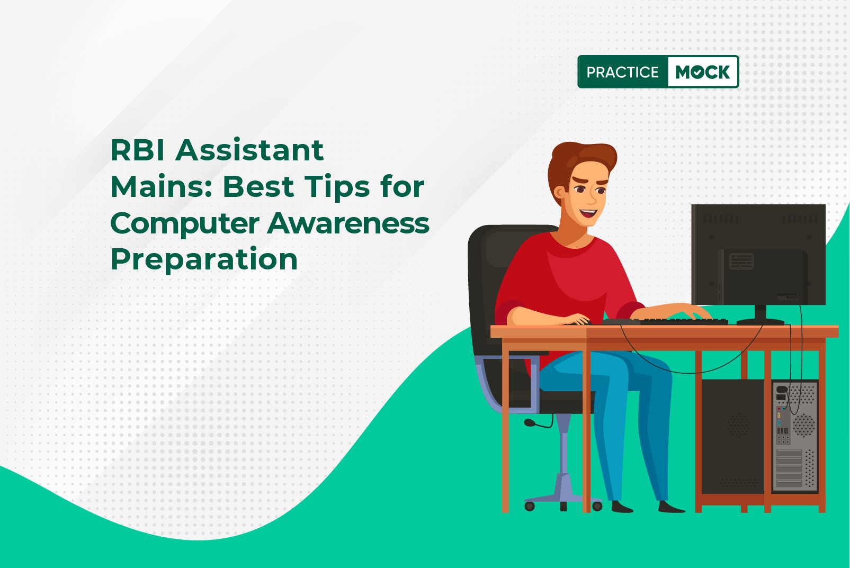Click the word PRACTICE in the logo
pos(622,72)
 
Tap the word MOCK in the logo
pos(702,72)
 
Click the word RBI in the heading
pos(138,150)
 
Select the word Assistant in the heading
pos(249,150)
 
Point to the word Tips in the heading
pos(337,187)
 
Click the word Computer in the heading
pos(185,224)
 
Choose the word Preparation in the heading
pos(204,260)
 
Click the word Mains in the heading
pos(162,187)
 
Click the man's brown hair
pos(580,159)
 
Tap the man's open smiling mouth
pos(588,213)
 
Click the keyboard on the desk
pos(665,321)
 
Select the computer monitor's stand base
pos(760,321)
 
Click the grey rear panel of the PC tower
pos(795,436)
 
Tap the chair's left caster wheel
pos(530,506)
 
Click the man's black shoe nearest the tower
pos(671,507)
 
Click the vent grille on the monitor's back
pos(741,262)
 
